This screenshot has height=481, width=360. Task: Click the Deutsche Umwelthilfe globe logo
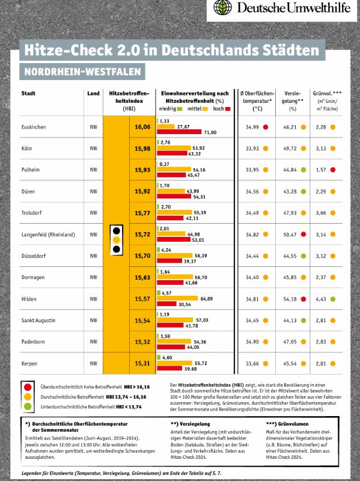tap(222, 7)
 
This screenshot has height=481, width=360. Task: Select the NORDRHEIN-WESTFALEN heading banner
tap(82, 72)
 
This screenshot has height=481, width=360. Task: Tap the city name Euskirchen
tap(34, 127)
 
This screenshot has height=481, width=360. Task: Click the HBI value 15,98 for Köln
tap(142, 149)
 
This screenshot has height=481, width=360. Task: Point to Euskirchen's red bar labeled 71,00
tap(179, 132)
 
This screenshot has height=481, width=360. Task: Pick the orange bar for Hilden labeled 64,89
tap(177, 298)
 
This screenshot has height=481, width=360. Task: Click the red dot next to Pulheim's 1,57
tap(333, 170)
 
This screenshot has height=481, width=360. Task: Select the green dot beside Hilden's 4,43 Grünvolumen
tap(333, 299)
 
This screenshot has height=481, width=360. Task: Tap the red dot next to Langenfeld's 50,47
tap(304, 234)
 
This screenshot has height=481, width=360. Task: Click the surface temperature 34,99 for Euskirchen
tap(252, 127)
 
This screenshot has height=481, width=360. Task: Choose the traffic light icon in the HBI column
tap(117, 240)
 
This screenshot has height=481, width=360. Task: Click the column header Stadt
tap(28, 93)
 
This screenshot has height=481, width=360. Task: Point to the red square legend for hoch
tap(228, 109)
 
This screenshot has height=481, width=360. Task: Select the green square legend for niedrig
tap(180, 109)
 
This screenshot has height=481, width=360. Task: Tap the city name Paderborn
tap(33, 342)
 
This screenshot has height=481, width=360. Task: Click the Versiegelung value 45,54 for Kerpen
tap(290, 364)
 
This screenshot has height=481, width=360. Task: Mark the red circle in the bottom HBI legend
tap(28, 387)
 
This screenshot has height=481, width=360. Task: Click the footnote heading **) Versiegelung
tap(190, 424)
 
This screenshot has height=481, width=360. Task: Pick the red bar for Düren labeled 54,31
tap(174, 197)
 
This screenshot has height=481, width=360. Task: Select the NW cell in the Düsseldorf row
tap(94, 256)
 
